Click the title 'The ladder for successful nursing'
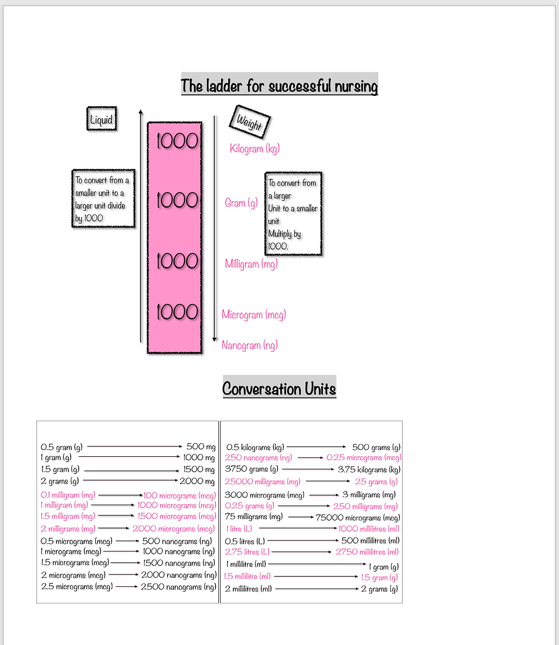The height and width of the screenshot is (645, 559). click(279, 87)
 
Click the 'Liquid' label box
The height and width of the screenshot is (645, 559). click(101, 120)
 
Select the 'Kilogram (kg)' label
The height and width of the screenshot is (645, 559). click(254, 149)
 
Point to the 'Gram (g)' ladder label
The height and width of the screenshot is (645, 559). click(241, 202)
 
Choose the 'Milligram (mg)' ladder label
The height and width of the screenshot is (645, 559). click(251, 264)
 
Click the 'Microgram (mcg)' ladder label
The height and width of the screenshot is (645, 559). click(254, 314)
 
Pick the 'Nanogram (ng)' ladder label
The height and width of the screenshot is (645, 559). click(250, 345)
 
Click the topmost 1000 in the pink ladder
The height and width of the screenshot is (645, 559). click(177, 141)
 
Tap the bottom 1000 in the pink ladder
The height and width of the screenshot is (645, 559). click(177, 312)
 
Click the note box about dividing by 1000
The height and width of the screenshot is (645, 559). click(103, 199)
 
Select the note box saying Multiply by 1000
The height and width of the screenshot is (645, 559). click(293, 214)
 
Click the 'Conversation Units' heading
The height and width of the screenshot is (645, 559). click(279, 389)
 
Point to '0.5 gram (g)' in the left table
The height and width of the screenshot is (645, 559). click(60, 448)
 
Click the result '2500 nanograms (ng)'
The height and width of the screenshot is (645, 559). click(179, 586)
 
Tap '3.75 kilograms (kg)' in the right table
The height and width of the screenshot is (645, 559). click(368, 469)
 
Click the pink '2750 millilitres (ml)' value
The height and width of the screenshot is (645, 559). click(367, 551)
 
